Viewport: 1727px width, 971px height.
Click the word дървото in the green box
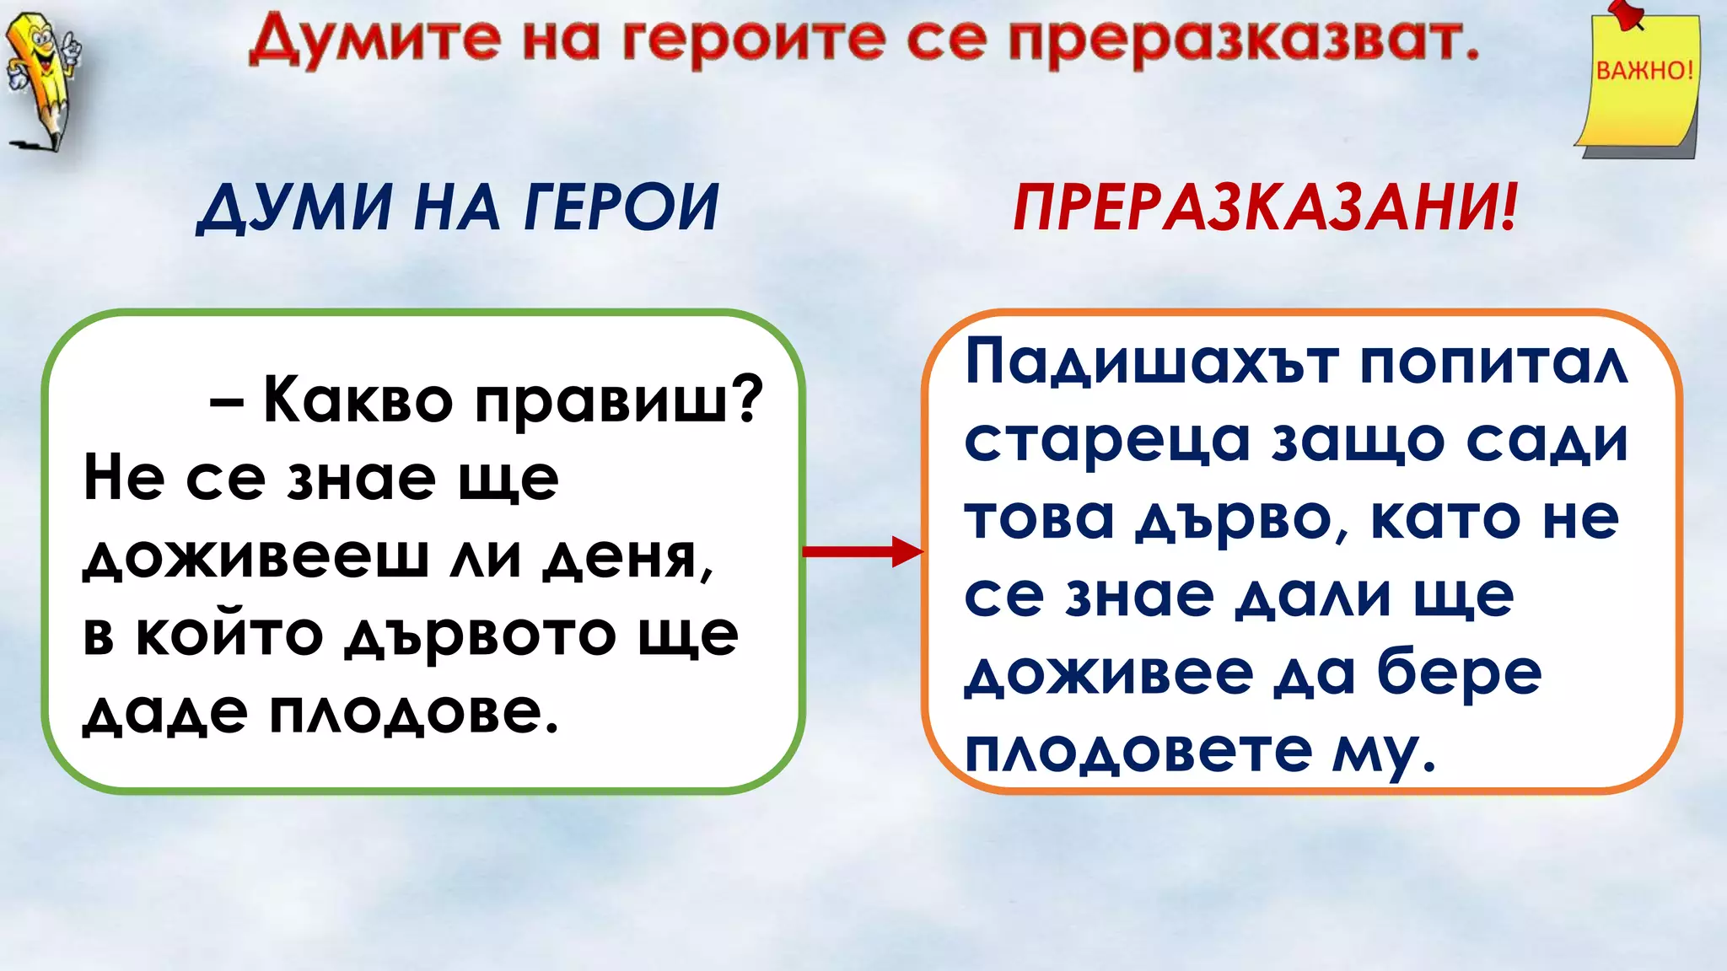[481, 635]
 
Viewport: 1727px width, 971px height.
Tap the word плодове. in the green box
[413, 713]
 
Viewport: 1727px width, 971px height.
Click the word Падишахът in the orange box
[1152, 362]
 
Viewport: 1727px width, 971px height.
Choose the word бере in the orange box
[1460, 674]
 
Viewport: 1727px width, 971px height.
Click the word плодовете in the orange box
[1138, 750]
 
